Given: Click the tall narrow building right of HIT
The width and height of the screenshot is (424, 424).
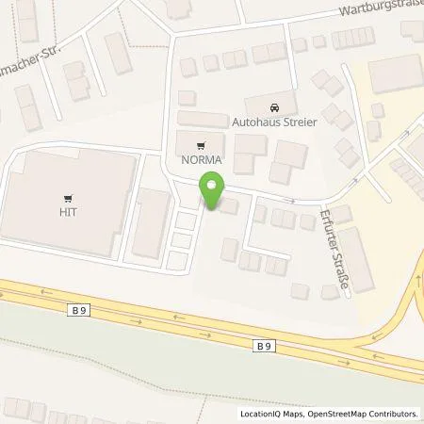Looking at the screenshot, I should click(x=151, y=221).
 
